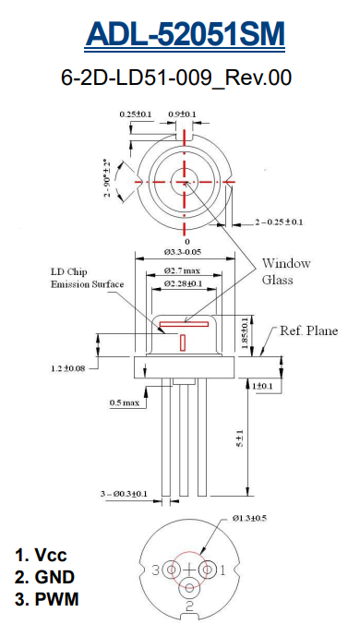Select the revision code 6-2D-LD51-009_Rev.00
click(176, 78)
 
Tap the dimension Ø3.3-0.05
click(183, 252)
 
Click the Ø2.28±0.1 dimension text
click(183, 283)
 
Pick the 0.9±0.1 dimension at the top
click(182, 114)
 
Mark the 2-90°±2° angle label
click(108, 177)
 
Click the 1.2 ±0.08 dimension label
click(67, 368)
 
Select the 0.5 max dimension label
click(124, 402)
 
